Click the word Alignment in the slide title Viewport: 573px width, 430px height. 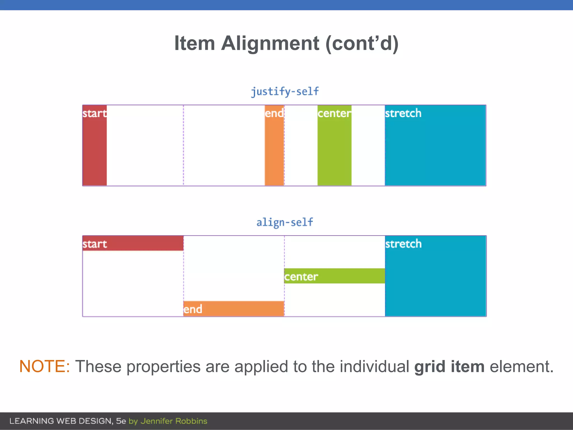(x=270, y=43)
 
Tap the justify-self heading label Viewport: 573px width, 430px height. (x=285, y=91)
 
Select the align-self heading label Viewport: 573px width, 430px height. (x=285, y=222)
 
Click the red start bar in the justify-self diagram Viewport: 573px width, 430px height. (x=95, y=148)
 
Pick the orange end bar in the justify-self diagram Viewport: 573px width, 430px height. (x=274, y=148)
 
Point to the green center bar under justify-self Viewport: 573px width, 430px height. (x=334, y=148)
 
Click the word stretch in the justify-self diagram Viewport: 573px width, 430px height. (x=403, y=113)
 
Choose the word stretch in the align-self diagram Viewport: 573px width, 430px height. (x=403, y=244)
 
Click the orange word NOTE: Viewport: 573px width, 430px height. (x=44, y=366)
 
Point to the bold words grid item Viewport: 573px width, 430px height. (x=449, y=367)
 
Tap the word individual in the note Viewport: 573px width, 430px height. (x=374, y=366)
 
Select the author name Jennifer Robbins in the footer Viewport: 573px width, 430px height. (x=174, y=421)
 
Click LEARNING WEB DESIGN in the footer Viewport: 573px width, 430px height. (x=61, y=421)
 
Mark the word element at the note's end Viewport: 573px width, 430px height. (x=521, y=366)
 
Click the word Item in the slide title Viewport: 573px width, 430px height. (x=194, y=43)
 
